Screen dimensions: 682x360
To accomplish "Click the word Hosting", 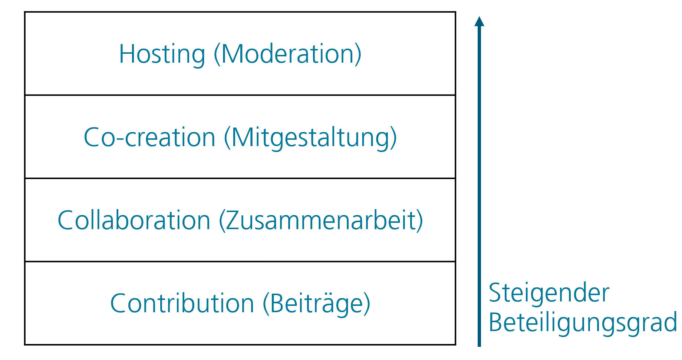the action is [162, 55].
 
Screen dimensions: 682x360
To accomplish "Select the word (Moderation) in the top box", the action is [287, 54].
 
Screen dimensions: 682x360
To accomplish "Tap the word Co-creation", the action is [149, 138].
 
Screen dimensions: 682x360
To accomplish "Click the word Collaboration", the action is [134, 220].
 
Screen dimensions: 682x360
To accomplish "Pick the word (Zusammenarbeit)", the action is [321, 221].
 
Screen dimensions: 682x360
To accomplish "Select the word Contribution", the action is [182, 304].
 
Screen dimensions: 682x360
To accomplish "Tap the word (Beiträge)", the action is [316, 304].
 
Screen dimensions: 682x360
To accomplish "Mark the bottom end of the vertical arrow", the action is [479, 347].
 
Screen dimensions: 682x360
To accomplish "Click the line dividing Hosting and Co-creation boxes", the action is [240, 95].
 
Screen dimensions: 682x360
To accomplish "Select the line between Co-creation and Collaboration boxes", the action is [240, 178].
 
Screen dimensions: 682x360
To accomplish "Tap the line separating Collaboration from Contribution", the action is [240, 262].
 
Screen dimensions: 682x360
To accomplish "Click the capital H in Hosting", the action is [127, 54].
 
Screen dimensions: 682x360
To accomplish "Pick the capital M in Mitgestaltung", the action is [243, 137].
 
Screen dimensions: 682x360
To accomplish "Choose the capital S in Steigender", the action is [495, 293].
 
